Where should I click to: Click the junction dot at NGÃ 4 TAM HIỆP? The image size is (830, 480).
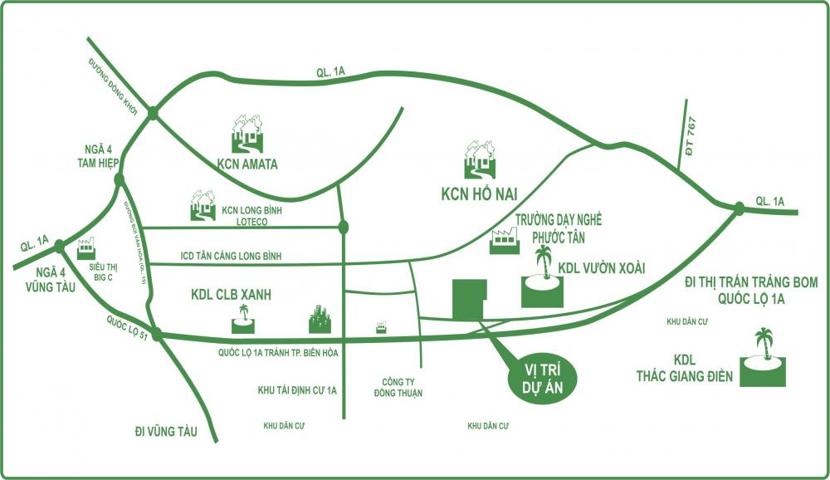[120, 179]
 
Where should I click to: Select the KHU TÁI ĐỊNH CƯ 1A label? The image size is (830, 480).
[296, 389]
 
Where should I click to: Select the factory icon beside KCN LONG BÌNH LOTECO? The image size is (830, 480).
[203, 207]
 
